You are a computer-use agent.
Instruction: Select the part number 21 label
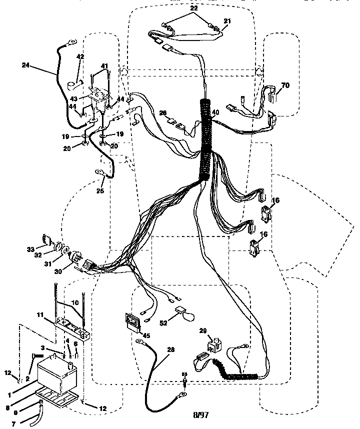click(228, 20)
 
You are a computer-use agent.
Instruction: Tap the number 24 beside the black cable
click(26, 64)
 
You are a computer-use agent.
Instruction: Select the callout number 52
click(163, 323)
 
